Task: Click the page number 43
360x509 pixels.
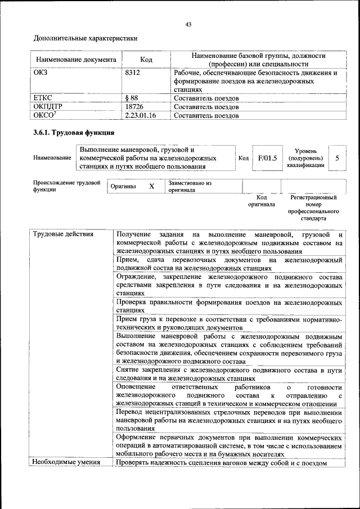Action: pos(188,24)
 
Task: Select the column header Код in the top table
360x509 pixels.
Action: pos(146,60)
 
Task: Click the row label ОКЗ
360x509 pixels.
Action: pos(42,73)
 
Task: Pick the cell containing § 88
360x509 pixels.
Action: pos(132,98)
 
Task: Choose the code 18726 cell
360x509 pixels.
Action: pos(134,106)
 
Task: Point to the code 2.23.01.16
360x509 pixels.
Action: pos(140,115)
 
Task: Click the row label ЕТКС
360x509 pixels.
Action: pos(43,98)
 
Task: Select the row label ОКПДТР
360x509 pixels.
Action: pos(47,106)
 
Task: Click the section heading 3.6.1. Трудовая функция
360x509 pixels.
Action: pos(74,133)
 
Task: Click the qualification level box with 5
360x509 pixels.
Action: pos(337,158)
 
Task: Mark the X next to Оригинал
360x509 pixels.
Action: pos(151,186)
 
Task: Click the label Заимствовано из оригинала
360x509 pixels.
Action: pos(189,186)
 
